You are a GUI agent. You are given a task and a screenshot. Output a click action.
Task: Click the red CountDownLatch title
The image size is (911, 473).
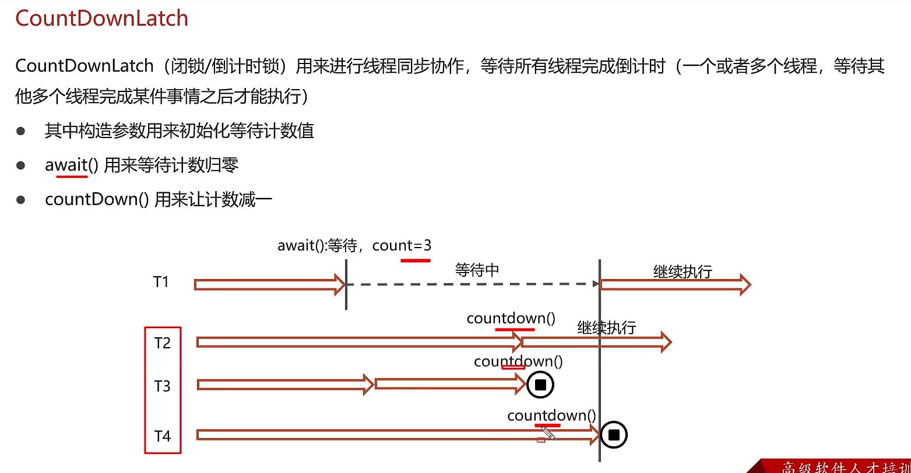coord(101,19)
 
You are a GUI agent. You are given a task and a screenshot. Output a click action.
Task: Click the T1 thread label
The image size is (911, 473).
coord(161,283)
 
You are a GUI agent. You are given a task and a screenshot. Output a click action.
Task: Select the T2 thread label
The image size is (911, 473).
coord(163,343)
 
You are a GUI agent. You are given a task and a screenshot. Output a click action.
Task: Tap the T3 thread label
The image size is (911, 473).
coord(163,386)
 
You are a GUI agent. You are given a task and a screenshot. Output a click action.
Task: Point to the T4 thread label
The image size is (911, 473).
coord(163,436)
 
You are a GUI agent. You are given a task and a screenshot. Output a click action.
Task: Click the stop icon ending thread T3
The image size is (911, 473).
coord(540,385)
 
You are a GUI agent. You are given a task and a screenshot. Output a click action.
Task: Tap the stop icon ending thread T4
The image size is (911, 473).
coord(613,435)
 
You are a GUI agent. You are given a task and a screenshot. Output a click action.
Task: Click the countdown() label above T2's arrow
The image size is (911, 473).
coord(511,319)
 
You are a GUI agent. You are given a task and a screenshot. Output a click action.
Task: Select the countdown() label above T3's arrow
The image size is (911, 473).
coord(518,362)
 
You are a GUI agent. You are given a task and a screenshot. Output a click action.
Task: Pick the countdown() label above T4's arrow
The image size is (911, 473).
coord(551,415)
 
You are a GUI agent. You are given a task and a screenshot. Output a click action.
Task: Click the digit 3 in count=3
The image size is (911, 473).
coord(427,245)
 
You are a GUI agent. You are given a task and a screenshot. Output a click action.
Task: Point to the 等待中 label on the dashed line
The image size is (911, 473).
coord(477,270)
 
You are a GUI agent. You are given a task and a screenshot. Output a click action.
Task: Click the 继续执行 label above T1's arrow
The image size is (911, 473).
coord(683,271)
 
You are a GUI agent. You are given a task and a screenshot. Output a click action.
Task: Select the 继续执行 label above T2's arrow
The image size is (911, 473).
coord(606,327)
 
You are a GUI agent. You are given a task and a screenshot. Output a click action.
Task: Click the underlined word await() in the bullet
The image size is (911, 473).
coord(66,165)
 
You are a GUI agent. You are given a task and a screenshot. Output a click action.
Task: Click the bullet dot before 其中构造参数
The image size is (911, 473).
coord(21,131)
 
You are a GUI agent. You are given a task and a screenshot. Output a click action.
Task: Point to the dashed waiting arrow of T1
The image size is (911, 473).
coord(472,284)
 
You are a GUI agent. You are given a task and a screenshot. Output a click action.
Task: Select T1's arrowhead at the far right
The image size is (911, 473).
coord(744,285)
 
